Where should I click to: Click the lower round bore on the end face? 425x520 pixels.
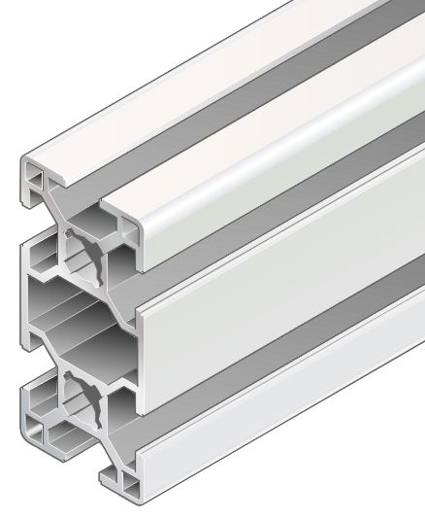[78, 398]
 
